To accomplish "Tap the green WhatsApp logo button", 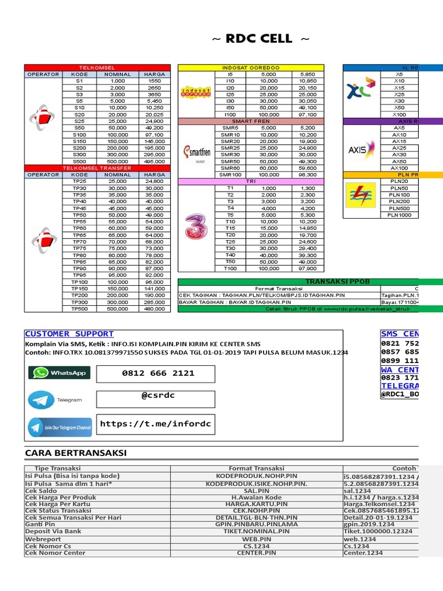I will [x=59, y=373].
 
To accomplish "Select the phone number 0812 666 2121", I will [x=159, y=373].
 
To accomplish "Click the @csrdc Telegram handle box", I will [x=159, y=399].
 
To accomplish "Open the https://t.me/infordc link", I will [x=156, y=424].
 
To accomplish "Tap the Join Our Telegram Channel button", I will [x=60, y=428].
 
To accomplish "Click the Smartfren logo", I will [x=196, y=152].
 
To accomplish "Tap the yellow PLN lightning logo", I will [x=360, y=194].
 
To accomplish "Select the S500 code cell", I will [x=80, y=162].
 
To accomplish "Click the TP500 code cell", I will [x=80, y=309].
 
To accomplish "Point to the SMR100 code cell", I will [x=230, y=175].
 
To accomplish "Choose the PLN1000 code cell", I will [x=399, y=215].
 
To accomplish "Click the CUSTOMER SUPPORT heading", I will [x=69, y=334].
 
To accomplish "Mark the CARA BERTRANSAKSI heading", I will [x=76, y=452].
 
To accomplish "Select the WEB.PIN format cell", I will [x=257, y=539].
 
